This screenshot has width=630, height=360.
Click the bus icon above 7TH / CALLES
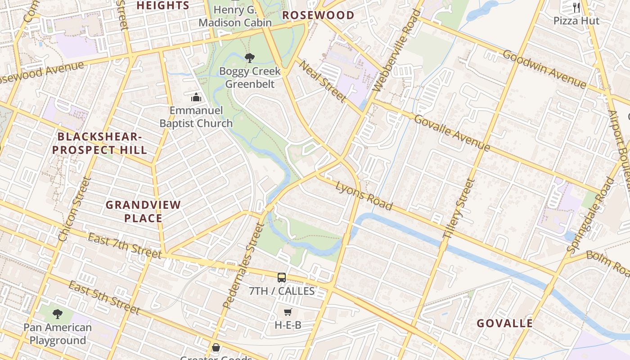click(282, 278)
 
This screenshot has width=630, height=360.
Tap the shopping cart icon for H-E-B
click(288, 312)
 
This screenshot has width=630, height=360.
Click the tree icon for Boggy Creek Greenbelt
click(249, 58)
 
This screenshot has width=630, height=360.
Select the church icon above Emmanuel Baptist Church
click(196, 97)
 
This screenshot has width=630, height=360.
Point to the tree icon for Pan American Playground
click(57, 314)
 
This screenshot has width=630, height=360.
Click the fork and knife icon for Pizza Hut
click(576, 7)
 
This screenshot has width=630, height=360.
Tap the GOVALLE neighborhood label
click(504, 323)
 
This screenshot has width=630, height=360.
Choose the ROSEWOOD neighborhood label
click(318, 15)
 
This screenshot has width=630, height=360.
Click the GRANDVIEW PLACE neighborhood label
click(143, 211)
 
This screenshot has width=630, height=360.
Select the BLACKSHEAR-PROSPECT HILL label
click(102, 143)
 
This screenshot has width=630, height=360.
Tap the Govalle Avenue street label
click(451, 133)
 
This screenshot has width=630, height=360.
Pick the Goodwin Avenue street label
click(544, 69)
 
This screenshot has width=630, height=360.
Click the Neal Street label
click(323, 81)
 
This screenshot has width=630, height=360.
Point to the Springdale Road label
click(590, 215)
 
